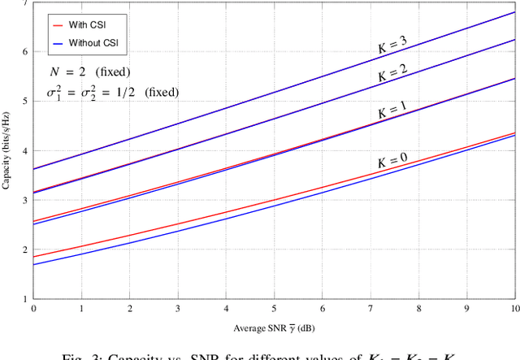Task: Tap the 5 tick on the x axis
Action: coord(275,310)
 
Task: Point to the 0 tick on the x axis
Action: coord(33,310)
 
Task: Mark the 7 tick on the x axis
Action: coord(370,310)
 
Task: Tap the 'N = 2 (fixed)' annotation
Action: coord(89,72)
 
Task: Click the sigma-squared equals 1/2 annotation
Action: coord(112,92)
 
